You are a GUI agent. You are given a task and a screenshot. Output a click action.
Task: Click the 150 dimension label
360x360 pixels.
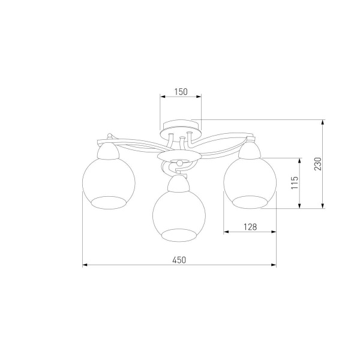click(181, 92)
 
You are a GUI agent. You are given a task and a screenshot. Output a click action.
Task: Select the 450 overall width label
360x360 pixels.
click(179, 260)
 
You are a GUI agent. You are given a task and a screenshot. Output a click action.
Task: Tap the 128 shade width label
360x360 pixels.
click(250, 227)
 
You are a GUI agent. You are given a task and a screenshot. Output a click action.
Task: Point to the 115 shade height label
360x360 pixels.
click(295, 183)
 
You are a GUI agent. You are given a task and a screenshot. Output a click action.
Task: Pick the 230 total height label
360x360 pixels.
click(318, 164)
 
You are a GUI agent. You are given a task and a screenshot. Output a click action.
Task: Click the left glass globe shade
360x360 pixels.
click(109, 183)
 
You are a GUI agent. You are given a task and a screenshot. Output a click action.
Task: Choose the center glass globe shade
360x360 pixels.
click(179, 216)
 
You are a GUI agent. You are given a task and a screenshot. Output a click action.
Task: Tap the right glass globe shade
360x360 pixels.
click(250, 183)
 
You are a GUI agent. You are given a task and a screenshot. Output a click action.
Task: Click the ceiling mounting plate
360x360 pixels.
click(180, 129)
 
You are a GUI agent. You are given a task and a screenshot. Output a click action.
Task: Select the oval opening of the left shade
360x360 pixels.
click(109, 203)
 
